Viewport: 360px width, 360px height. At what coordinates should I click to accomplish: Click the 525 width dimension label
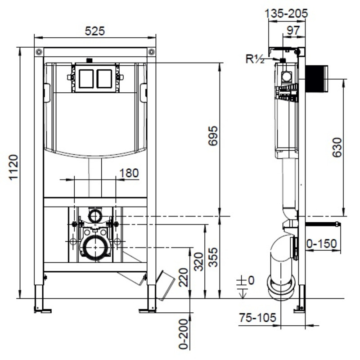point(95,31)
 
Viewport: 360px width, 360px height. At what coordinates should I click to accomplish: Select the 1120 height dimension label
point(13,168)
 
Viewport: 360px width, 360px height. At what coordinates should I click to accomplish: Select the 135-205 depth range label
point(287,13)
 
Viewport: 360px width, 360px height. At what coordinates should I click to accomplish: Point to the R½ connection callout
point(255,59)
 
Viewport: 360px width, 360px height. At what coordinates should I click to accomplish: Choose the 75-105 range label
point(257,318)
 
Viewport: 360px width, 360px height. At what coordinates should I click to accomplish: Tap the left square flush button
point(86,78)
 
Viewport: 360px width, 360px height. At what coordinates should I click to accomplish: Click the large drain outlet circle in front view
point(95,247)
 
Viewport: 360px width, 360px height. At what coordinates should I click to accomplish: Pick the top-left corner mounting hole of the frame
point(39,51)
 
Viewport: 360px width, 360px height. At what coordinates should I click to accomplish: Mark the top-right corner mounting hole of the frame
point(151,51)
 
